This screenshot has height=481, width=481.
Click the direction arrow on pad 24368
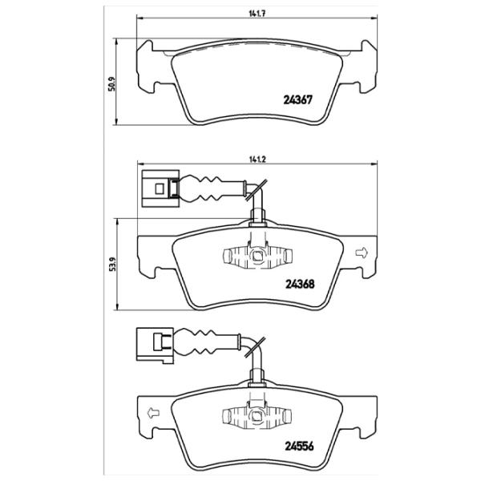tap(359, 254)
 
